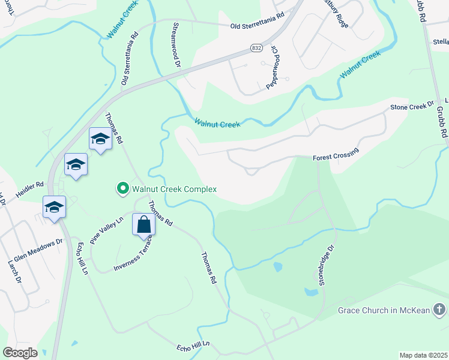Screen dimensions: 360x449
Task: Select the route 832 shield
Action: click(x=256, y=47)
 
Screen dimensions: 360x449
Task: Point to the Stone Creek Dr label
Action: click(x=412, y=106)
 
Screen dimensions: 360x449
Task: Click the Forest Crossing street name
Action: click(x=336, y=154)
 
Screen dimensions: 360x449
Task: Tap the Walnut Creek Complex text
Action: click(x=175, y=189)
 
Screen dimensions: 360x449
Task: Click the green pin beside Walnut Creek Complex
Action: click(x=123, y=189)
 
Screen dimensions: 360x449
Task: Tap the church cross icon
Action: click(x=439, y=310)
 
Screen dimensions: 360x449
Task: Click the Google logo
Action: click(x=20, y=353)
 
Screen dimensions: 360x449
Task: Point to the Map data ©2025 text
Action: click(x=423, y=355)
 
